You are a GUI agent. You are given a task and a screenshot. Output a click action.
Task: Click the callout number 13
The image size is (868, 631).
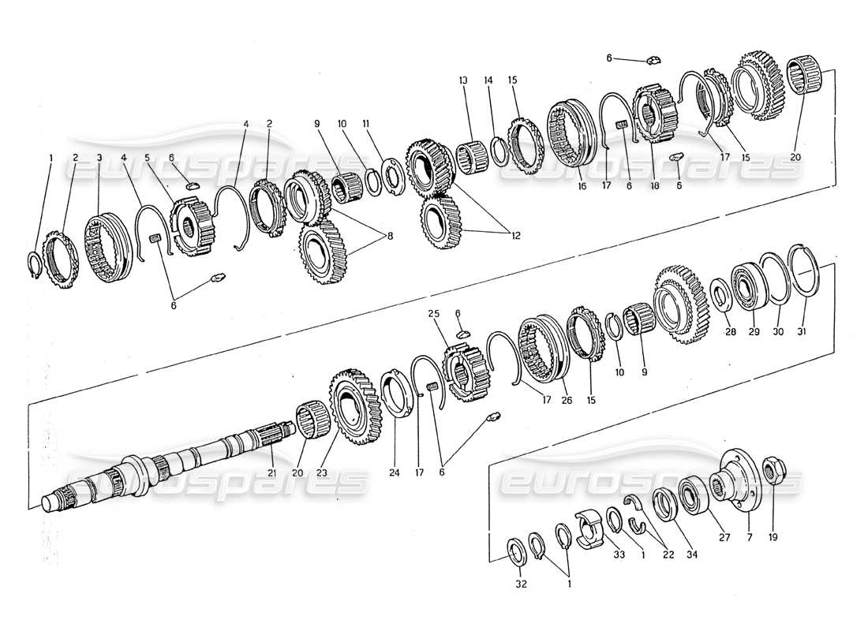pyautogui.click(x=462, y=80)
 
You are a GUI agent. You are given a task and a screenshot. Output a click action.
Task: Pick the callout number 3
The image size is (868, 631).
pyautogui.click(x=99, y=158)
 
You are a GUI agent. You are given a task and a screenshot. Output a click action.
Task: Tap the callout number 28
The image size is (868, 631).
pyautogui.click(x=731, y=333)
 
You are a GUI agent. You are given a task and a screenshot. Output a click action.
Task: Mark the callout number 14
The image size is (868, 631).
pyautogui.click(x=488, y=80)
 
